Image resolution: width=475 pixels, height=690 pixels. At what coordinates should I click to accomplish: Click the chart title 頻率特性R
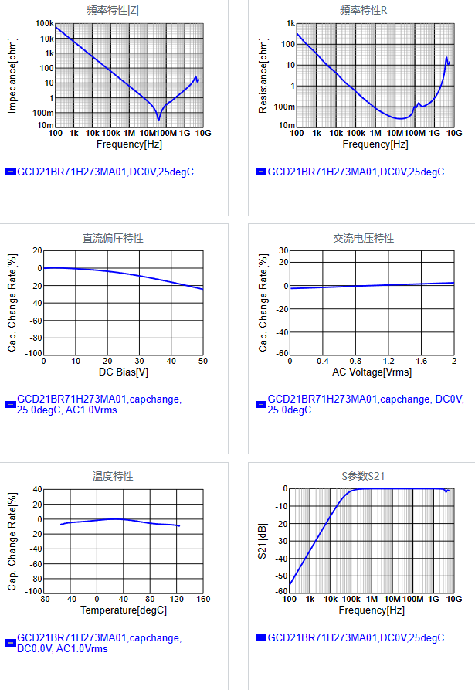tap(363, 11)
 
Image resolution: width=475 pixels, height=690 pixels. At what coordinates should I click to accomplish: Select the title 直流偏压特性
tap(113, 238)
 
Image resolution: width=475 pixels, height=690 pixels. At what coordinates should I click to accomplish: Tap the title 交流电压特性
tap(363, 238)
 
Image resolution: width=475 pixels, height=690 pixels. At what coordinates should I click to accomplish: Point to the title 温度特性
tap(113, 476)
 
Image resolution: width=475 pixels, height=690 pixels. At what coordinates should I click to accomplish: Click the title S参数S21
tap(363, 476)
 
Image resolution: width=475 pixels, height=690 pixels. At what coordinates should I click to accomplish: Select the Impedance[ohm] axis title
tap(12, 75)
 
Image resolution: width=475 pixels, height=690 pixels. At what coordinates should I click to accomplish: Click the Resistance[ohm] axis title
tap(263, 76)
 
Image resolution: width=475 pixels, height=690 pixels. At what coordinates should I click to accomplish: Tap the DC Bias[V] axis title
tap(123, 372)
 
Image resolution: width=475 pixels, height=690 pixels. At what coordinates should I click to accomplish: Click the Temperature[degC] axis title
tap(123, 610)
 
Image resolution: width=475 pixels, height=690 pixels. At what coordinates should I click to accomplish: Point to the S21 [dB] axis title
tap(263, 540)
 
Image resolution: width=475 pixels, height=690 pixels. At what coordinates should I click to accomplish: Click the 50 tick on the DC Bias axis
tap(202, 362)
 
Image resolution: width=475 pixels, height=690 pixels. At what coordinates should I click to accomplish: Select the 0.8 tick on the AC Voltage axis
tap(355, 362)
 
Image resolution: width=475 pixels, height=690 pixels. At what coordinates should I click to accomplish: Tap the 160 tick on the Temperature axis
tap(202, 599)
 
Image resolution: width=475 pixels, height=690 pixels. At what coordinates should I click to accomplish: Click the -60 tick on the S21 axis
tap(281, 591)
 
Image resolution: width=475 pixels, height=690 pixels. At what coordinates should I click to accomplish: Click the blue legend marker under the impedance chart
tap(11, 172)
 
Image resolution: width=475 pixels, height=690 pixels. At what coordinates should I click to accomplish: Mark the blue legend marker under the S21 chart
tap(261, 637)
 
